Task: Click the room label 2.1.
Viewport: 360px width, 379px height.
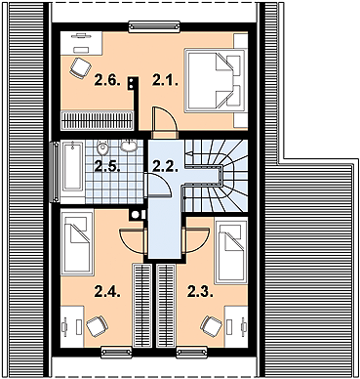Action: (x=165, y=80)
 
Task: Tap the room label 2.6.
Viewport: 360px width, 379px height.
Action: (x=107, y=80)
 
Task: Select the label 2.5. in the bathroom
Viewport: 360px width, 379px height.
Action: (x=107, y=166)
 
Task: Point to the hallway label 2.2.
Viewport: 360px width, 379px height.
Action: (x=165, y=166)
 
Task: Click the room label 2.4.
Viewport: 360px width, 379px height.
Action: (x=107, y=291)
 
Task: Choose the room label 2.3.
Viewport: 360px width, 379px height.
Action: (x=200, y=291)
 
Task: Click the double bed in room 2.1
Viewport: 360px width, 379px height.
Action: (x=215, y=81)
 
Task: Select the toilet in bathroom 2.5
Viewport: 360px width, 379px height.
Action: (x=103, y=147)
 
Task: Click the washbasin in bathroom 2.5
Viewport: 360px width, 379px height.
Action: (x=129, y=146)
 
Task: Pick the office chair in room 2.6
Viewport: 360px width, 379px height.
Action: (x=80, y=68)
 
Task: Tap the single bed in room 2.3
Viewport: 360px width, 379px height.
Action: (x=231, y=252)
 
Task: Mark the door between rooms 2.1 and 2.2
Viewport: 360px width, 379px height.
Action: (x=164, y=120)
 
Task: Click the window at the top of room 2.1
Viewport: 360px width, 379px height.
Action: (x=154, y=27)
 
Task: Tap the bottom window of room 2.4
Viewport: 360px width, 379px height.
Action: (x=117, y=353)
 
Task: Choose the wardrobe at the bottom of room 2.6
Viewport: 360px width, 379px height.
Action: (x=98, y=120)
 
